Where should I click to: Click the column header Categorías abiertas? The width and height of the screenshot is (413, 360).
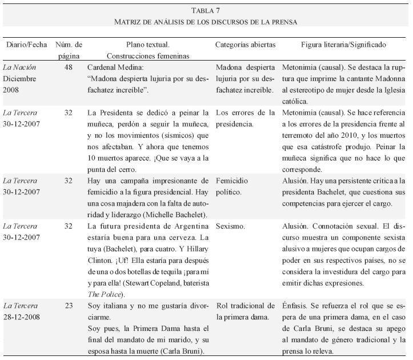[245, 45]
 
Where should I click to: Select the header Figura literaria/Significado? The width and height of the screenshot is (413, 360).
[343, 45]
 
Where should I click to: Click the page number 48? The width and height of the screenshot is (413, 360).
[68, 67]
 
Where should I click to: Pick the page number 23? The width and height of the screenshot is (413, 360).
[68, 306]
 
